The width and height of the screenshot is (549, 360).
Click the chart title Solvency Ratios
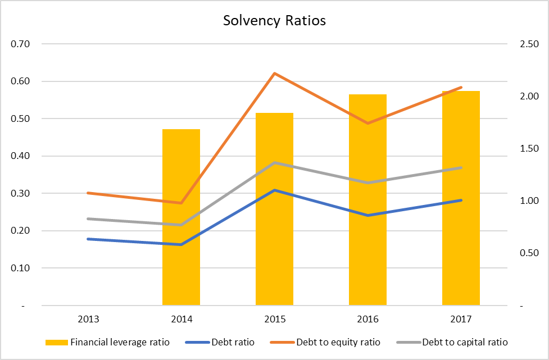pyautogui.click(x=274, y=21)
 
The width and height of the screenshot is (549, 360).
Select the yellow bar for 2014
pyautogui.click(x=181, y=219)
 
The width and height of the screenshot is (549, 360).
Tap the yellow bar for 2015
pyautogui.click(x=274, y=213)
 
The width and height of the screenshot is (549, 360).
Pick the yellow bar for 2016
pyautogui.click(x=367, y=202)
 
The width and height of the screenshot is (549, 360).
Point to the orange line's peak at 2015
pyautogui.click(x=274, y=73)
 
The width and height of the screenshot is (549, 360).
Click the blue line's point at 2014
pyautogui.click(x=181, y=244)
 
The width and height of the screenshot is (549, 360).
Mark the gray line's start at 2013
pyautogui.click(x=88, y=218)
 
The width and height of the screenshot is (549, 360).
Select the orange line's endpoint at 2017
pyautogui.click(x=461, y=87)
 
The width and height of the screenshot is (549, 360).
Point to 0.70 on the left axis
pyautogui.click(x=20, y=44)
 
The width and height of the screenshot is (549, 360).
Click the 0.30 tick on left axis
pyautogui.click(x=20, y=193)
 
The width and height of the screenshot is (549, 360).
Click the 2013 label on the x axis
pyautogui.click(x=88, y=320)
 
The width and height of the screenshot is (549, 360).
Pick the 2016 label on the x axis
pyautogui.click(x=367, y=320)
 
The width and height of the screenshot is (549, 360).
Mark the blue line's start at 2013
pyautogui.click(x=88, y=239)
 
